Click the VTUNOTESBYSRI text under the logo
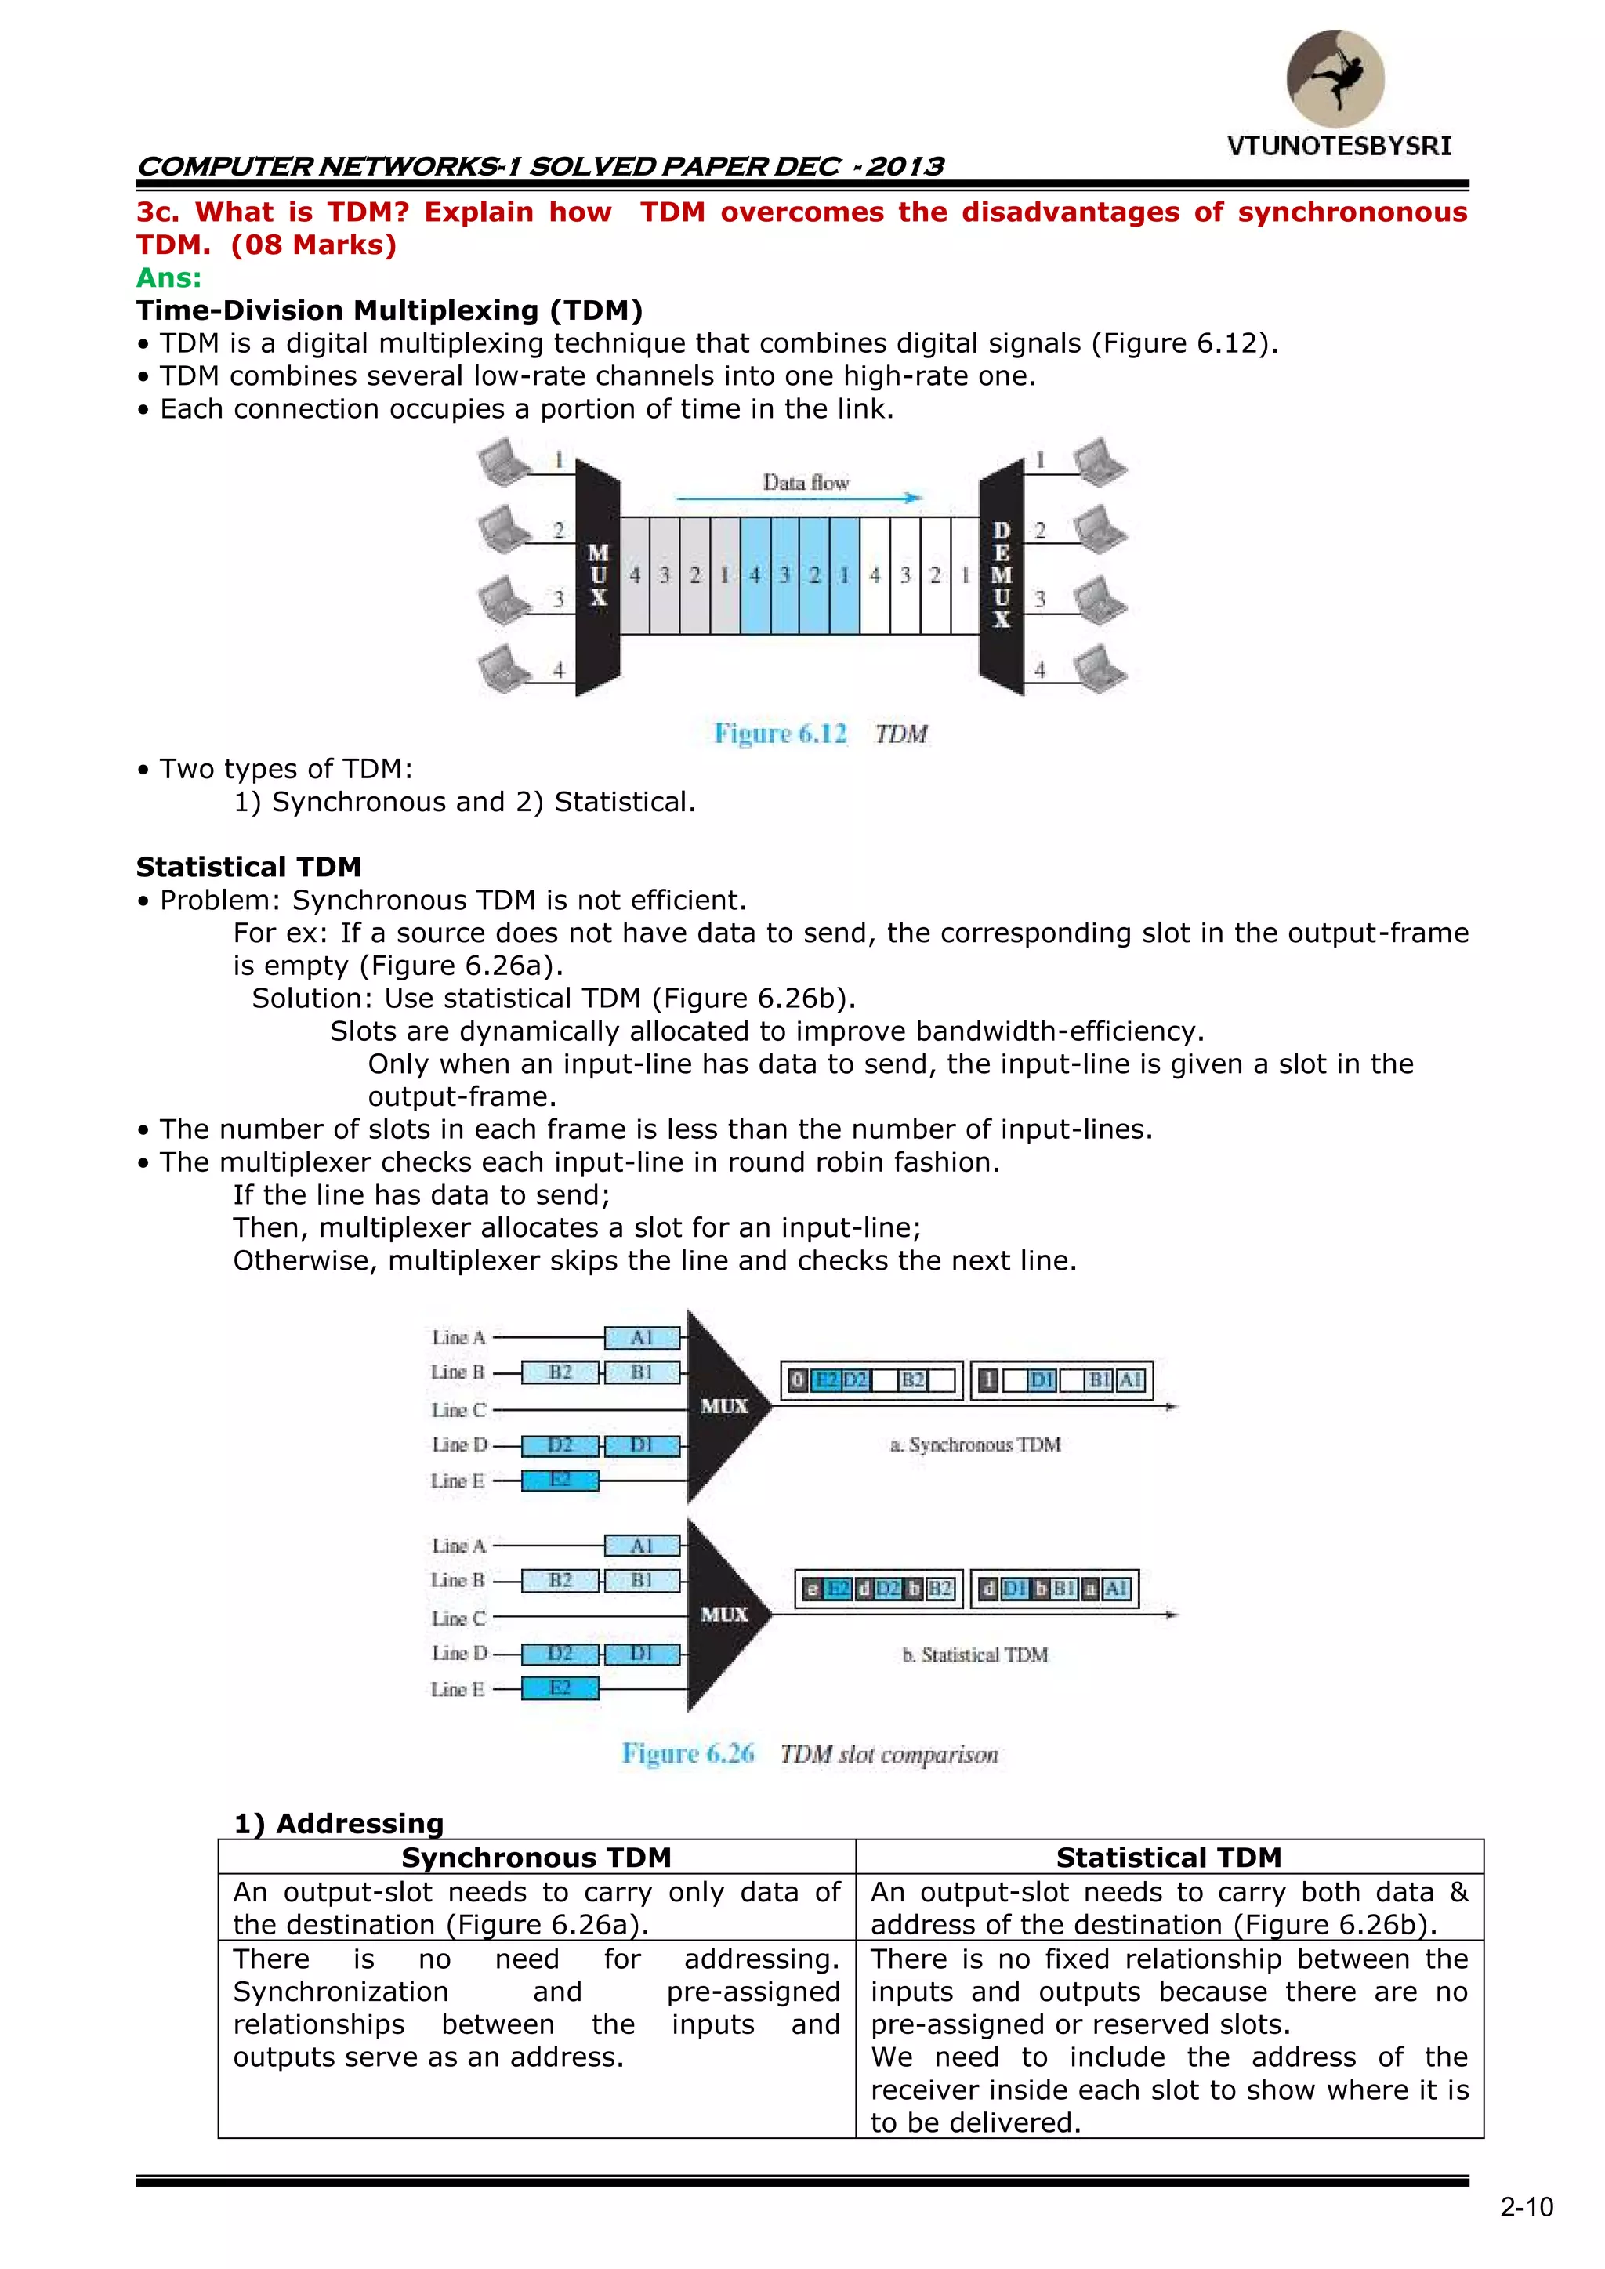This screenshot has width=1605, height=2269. [1339, 147]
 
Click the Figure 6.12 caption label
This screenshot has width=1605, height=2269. [780, 734]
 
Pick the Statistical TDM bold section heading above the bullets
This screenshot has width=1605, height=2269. [249, 867]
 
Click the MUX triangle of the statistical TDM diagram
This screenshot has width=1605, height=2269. [724, 1614]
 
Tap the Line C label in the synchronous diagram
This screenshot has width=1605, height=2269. [458, 1410]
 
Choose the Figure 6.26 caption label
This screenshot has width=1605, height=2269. [688, 1753]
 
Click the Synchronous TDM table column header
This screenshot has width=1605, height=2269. [537, 1858]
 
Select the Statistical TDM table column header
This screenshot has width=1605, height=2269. [1168, 1858]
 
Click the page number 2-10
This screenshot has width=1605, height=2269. [1526, 2207]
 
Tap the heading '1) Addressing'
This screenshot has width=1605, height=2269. [339, 1823]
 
